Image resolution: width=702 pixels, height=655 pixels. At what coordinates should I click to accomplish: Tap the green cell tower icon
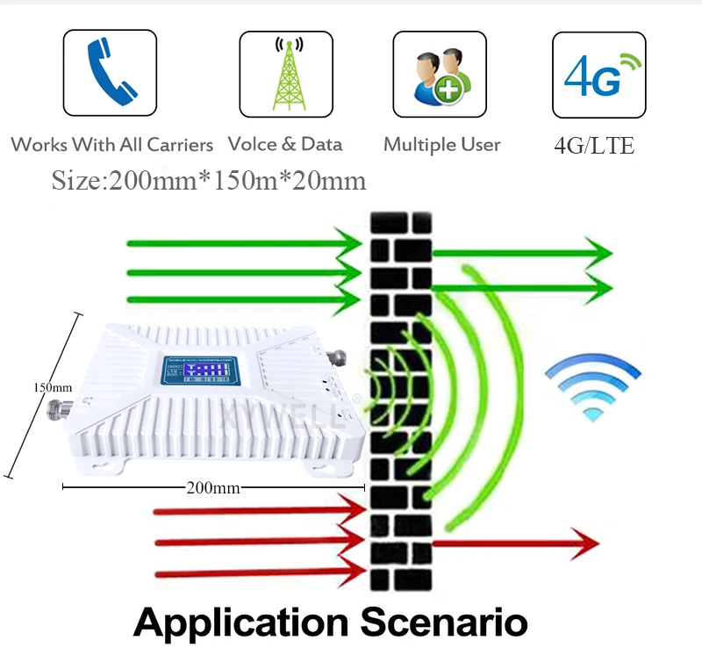286,74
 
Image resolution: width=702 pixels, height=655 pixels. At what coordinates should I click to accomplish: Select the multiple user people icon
439,74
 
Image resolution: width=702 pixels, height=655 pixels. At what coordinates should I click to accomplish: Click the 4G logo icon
596,74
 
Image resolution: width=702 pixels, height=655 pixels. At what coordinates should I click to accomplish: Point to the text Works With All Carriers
112,144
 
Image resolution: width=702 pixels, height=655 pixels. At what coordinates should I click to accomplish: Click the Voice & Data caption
285,144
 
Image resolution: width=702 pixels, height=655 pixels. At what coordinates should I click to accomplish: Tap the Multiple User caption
441,145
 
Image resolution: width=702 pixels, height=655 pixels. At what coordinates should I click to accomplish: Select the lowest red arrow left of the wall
260,574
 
